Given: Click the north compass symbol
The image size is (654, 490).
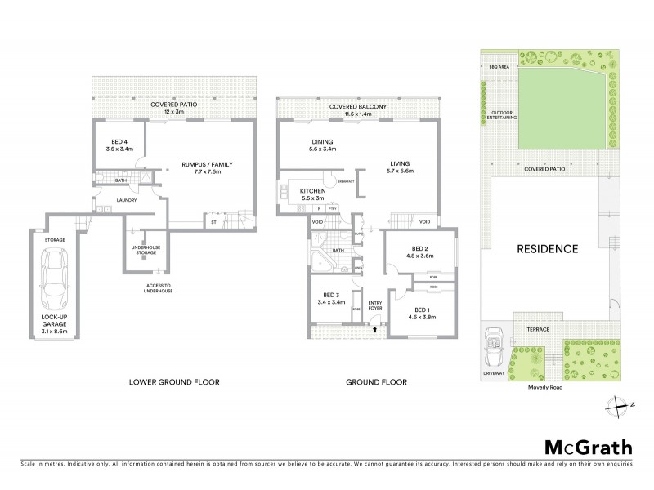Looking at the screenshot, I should coord(619,403).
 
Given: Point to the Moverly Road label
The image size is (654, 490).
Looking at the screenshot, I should coord(544,388).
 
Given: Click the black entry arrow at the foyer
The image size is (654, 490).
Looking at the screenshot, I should coord(375,330).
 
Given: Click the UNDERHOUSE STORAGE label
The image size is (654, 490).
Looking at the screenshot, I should coord(146,249).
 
